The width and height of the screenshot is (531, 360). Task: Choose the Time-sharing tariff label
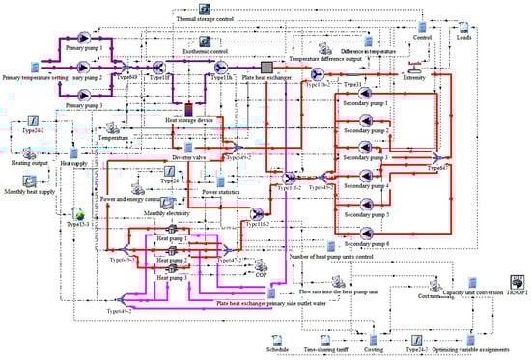click(x=323, y=349)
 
